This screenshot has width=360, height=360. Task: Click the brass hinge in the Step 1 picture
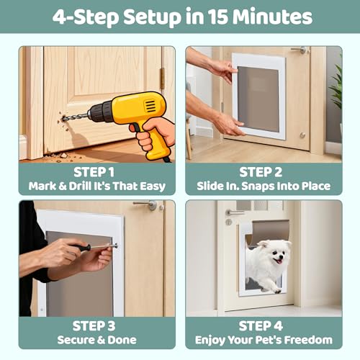coord(163,78)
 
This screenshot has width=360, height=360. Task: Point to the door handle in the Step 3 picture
coord(145,204)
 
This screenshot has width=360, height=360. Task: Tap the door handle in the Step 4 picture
coord(235,212)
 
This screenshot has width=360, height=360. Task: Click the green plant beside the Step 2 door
coord(336,86)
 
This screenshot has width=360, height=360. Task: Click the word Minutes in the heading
coord(272,17)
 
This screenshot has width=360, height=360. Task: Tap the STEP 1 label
coord(94,172)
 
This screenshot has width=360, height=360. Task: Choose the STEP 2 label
coord(261,172)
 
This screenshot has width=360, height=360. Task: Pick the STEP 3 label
coord(94,326)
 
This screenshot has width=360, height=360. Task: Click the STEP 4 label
coord(261,326)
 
